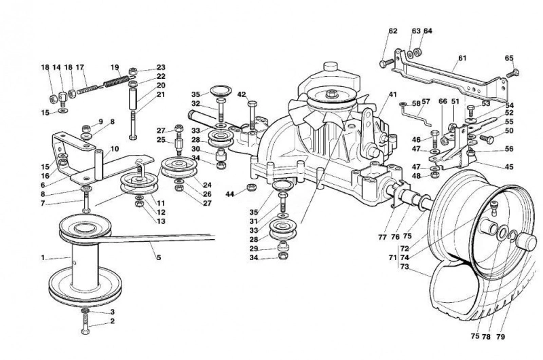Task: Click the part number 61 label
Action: [462, 58]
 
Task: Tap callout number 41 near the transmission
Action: [392, 94]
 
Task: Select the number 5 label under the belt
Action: [159, 257]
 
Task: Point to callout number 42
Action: [242, 94]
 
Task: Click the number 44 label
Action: [230, 194]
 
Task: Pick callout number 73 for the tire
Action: [405, 267]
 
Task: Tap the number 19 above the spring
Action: [115, 67]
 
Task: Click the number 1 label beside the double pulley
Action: [43, 257]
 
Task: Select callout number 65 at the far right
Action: [509, 58]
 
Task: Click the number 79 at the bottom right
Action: [500, 336]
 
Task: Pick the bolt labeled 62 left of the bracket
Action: [387, 63]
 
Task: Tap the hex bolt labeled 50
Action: [487, 139]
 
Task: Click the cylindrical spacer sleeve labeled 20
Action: [133, 98]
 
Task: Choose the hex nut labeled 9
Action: [87, 127]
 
